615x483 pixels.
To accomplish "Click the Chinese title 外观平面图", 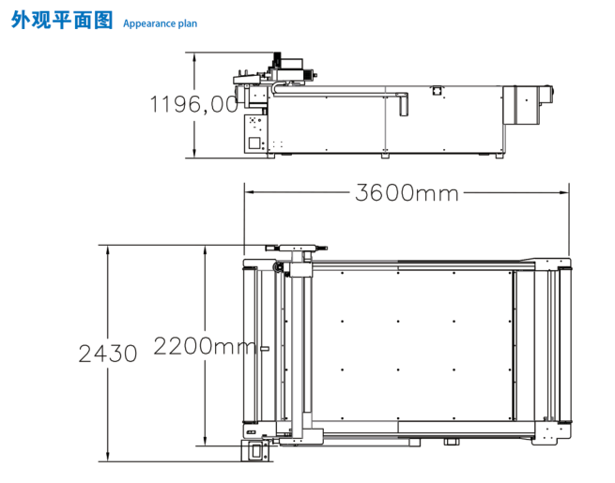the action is coord(62,20).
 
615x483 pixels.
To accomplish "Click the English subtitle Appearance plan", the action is coord(160,23).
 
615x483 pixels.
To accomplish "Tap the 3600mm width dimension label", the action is coord(407,192).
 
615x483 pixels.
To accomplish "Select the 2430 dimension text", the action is coord(108,354).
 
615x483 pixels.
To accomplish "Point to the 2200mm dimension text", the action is coord(205,346).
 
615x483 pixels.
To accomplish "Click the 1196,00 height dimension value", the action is coord(193,104).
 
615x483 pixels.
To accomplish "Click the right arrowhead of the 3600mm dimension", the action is coord(564,192).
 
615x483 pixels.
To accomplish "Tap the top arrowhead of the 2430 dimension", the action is coord(108,250).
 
